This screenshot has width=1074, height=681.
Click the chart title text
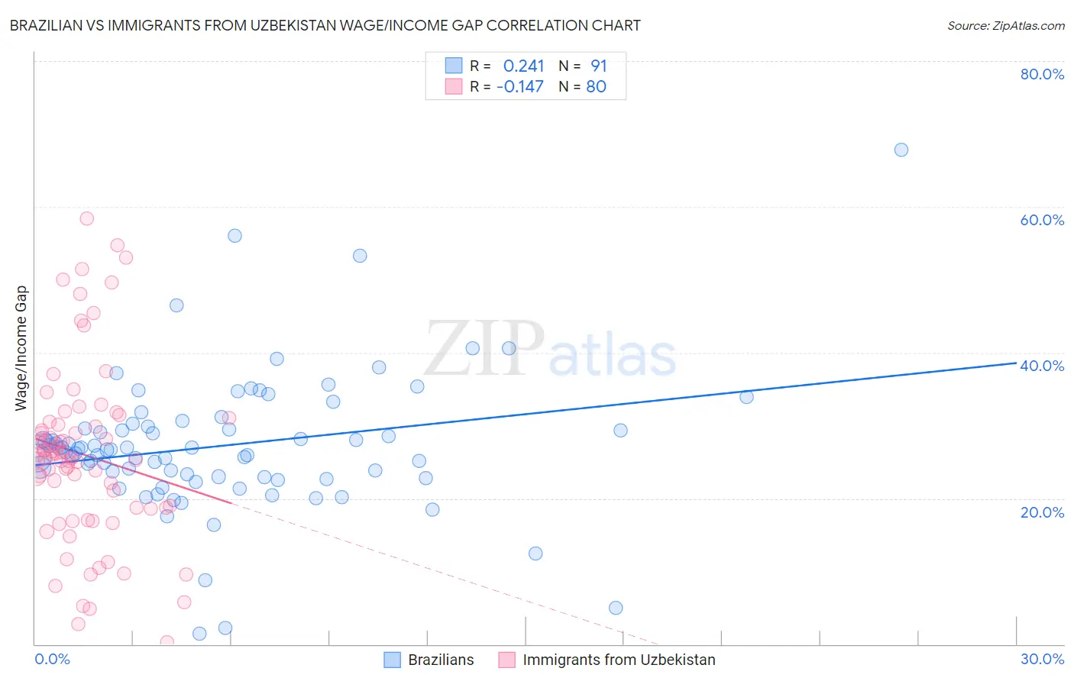pos(325,25)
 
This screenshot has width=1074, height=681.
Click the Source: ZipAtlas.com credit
pos(1005,25)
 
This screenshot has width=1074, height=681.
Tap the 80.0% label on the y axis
pos(1042,74)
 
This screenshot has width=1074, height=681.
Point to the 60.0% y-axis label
pos(1042,220)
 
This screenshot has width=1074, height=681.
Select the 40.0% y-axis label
pos(1042,366)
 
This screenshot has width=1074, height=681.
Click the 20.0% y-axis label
pos(1042,512)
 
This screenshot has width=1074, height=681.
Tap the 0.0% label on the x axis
pos(52,659)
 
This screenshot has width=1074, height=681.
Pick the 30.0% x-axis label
pos(1042,659)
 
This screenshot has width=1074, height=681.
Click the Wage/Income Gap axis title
pos(21,348)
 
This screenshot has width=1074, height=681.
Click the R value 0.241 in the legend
pos(523,66)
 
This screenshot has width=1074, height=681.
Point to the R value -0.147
pos(519,86)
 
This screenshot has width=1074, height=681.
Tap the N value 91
pos(598,66)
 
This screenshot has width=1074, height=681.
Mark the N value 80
pos(596,86)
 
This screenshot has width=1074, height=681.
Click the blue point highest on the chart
pos(901,150)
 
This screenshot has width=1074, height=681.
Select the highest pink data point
pos(87,218)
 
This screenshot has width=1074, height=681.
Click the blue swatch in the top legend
pos(454,66)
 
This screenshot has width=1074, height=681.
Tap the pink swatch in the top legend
pos(454,86)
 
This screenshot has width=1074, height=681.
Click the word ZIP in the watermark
pos(484,348)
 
